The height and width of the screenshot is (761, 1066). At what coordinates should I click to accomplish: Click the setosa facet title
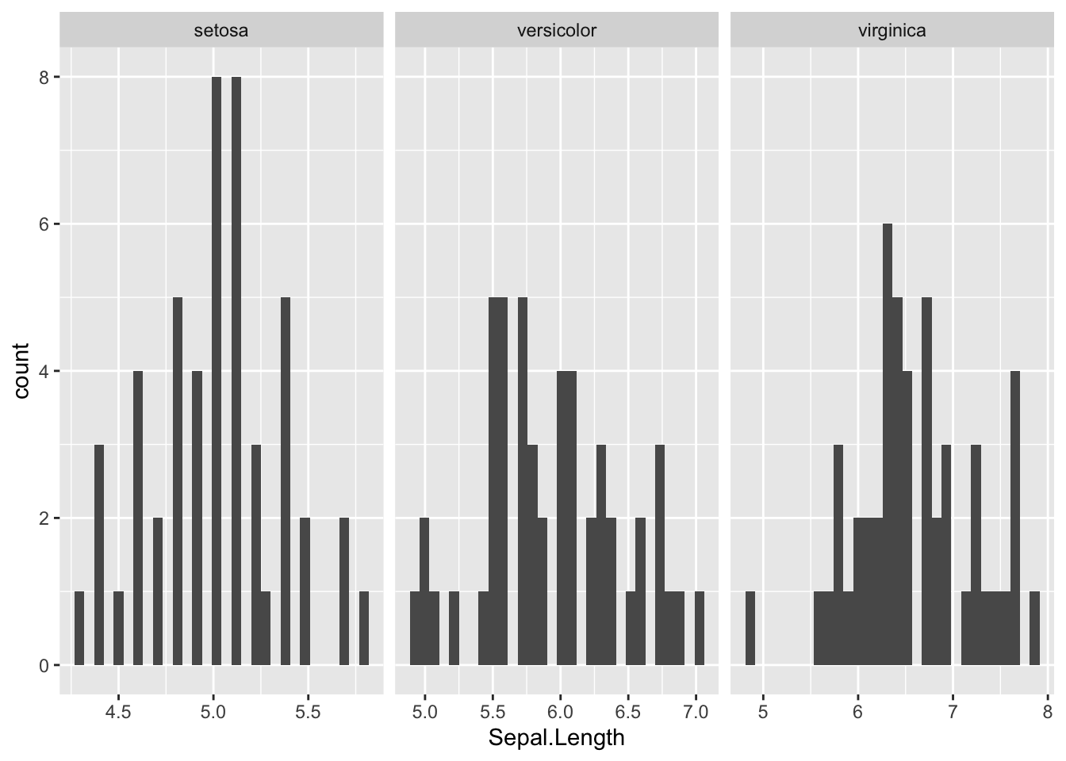(x=221, y=31)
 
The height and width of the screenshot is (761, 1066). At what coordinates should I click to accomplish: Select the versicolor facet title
(x=556, y=31)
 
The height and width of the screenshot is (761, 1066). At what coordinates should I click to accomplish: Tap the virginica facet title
(x=892, y=31)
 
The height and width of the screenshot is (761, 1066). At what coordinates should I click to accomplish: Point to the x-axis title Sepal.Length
(x=556, y=738)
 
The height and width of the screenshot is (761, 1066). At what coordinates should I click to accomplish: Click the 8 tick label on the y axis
(x=45, y=78)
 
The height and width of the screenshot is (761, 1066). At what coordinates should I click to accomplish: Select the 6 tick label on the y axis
(x=45, y=224)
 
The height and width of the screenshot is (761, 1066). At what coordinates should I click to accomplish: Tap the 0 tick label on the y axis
(x=45, y=665)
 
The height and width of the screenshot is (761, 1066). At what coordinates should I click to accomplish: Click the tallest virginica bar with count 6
(x=888, y=444)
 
